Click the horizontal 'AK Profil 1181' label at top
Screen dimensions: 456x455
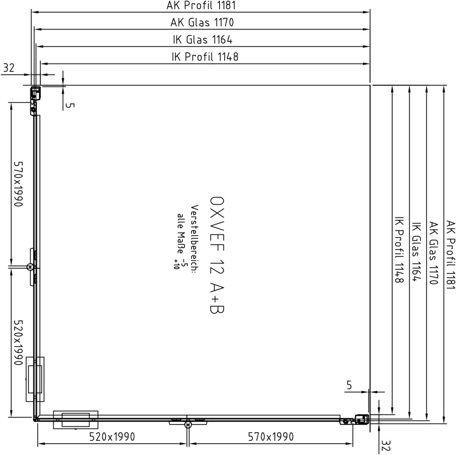click(x=201, y=5)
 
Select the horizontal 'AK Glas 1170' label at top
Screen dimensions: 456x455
click(x=202, y=22)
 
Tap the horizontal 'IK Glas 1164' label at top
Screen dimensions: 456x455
click(x=203, y=40)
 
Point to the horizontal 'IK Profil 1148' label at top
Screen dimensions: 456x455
click(x=205, y=57)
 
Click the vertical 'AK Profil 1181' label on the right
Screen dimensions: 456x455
click(x=451, y=255)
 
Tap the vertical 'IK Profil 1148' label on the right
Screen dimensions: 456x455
click(x=399, y=249)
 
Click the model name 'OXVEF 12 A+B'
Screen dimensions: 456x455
click(x=217, y=255)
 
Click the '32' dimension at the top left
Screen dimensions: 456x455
click(x=8, y=68)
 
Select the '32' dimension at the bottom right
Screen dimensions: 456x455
click(x=385, y=445)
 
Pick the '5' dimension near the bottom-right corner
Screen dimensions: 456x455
click(x=349, y=385)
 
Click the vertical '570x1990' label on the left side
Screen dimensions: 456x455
click(x=18, y=184)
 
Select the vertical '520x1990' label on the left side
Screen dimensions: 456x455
click(x=18, y=343)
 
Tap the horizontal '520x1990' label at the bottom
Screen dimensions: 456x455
click(x=112, y=437)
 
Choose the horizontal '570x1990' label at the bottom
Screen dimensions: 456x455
click(x=271, y=437)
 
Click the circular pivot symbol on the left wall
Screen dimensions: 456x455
click(x=30, y=267)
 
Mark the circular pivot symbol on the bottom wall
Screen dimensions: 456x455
click(x=188, y=425)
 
